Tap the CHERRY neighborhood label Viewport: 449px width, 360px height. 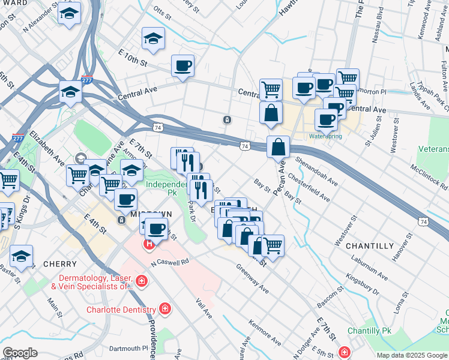tap(60, 264)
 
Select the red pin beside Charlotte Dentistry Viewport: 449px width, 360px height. tap(164, 310)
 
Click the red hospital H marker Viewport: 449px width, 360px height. tap(148, 245)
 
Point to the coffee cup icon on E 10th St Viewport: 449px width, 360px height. tap(182, 66)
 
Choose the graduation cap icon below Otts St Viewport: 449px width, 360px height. tap(153, 39)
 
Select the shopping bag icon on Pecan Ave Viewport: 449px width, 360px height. tap(279, 147)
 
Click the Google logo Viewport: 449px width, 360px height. tap(20, 353)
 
